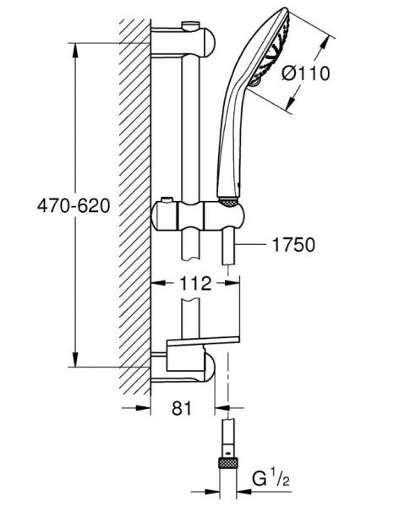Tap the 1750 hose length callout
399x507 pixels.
(x=292, y=245)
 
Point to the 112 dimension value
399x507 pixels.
(x=196, y=284)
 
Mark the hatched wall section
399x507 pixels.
(x=134, y=203)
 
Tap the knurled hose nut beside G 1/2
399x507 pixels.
(x=227, y=461)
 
